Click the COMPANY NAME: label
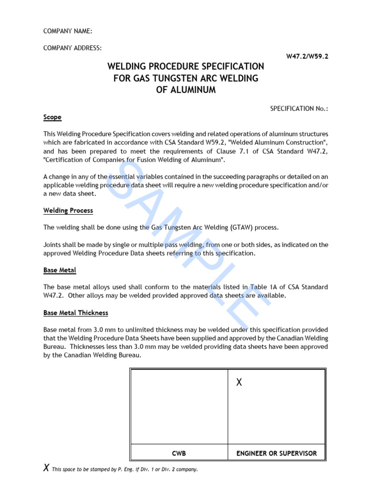[x=68, y=31]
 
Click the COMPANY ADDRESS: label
[x=73, y=48]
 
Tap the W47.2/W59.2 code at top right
[x=307, y=56]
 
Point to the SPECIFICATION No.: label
[x=299, y=109]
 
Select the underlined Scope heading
[x=52, y=117]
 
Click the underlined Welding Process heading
[x=68, y=210]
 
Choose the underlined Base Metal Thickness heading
[x=75, y=313]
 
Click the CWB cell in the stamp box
[x=179, y=453]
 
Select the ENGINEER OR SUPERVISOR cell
[x=276, y=453]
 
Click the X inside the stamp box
[x=239, y=382]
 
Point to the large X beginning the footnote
[x=46, y=468]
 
